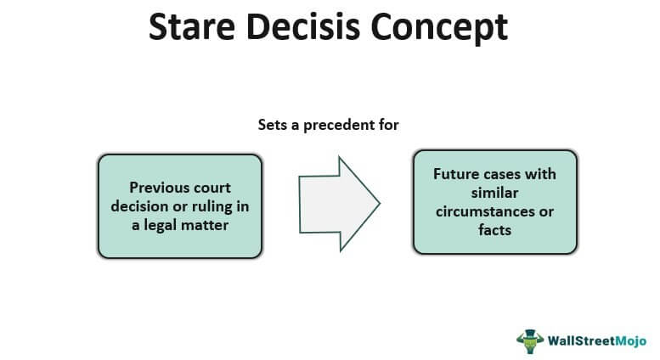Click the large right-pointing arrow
coord(336,204)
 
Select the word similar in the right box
coord(494,193)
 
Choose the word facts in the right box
coord(494,228)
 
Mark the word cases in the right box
coord(505,174)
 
